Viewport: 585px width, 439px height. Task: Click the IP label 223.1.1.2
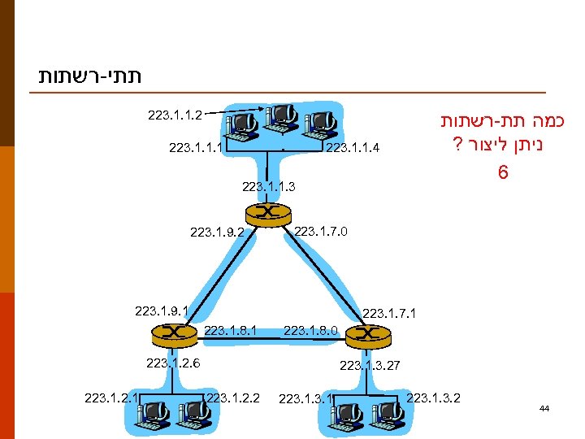pos(175,115)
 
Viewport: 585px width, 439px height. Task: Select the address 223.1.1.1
pos(196,148)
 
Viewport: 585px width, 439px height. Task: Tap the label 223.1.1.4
pos(353,148)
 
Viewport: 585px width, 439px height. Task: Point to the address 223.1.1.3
pos(269,187)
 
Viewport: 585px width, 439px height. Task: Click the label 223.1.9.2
pos(217,233)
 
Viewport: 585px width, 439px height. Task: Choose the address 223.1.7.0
pos(321,232)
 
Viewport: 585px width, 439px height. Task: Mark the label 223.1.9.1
pos(162,310)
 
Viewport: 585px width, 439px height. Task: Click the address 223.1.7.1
pos(389,312)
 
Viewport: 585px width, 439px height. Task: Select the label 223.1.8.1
pos(232,330)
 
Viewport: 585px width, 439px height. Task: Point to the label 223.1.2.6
pos(173,363)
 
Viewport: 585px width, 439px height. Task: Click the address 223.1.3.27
pos(370,367)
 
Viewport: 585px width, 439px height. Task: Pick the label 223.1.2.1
pos(111,398)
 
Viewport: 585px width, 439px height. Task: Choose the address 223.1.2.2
pos(233,398)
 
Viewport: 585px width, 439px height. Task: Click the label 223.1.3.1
pos(305,398)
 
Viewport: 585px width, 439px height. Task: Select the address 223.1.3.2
pos(433,398)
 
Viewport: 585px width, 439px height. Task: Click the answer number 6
pos(504,174)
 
